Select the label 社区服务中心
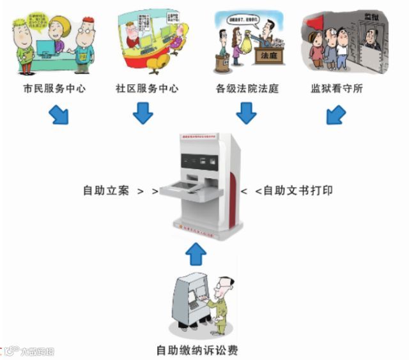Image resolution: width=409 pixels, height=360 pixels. (x=146, y=89)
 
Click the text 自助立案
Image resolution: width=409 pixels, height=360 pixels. (x=106, y=190)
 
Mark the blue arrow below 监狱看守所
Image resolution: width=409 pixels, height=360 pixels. (x=336, y=115)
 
